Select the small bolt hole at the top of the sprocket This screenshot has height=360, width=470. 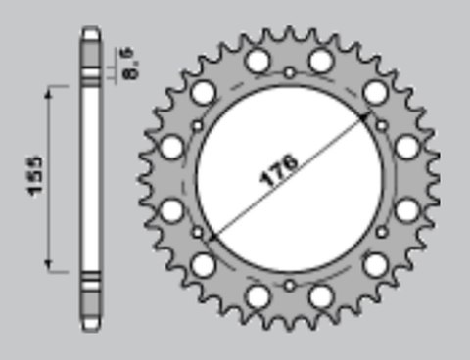(x=289, y=72)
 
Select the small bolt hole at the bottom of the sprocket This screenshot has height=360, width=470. (x=289, y=285)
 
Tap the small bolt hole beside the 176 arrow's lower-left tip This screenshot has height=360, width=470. (x=197, y=233)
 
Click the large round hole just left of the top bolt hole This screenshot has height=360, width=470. (x=258, y=62)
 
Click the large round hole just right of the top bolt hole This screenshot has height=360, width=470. (x=320, y=62)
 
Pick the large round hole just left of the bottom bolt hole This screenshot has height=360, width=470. (x=258, y=296)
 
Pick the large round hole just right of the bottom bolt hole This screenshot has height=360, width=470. (x=320, y=296)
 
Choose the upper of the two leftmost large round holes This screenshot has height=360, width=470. (x=171, y=148)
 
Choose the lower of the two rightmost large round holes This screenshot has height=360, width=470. (x=406, y=209)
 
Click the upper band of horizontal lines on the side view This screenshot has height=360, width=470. (x=90, y=73)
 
